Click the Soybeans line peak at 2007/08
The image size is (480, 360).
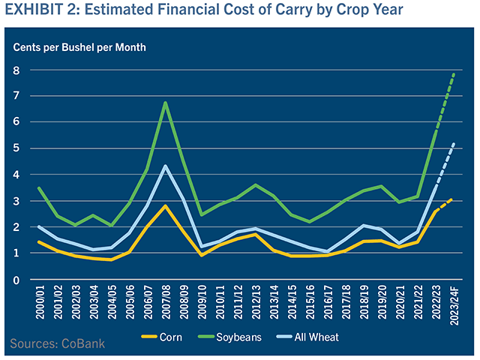(x=165, y=103)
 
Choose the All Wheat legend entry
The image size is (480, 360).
(x=326, y=337)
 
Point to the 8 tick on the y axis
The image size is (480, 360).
(x=16, y=70)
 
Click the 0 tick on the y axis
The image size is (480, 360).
(x=16, y=280)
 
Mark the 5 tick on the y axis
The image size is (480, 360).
(x=16, y=148)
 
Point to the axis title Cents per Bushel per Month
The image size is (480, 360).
(x=79, y=47)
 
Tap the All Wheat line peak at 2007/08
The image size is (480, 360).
(x=165, y=166)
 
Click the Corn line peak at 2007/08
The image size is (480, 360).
(x=165, y=205)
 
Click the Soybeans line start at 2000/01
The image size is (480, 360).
(x=39, y=188)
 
